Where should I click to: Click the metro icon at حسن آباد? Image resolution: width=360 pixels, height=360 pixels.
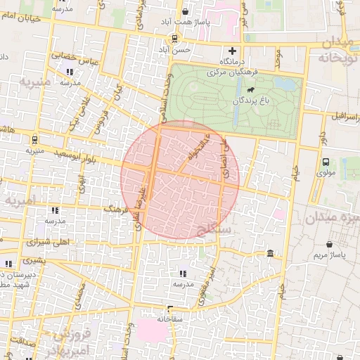pyautogui.click(x=174, y=38)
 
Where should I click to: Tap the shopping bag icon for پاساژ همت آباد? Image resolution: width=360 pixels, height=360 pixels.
pyautogui.click(x=185, y=11)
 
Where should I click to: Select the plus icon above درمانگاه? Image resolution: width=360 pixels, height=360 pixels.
pyautogui.click(x=233, y=51)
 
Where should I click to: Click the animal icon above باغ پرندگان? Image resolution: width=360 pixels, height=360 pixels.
pyautogui.click(x=249, y=90)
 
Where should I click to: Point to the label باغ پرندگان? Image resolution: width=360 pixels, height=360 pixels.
pyautogui.click(x=252, y=101)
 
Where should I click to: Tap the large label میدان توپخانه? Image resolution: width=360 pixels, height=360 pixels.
pyautogui.click(x=336, y=51)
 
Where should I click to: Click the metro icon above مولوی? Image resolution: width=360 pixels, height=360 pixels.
pyautogui.click(x=325, y=162)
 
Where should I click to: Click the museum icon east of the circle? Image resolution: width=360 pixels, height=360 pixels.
pyautogui.click(x=271, y=253)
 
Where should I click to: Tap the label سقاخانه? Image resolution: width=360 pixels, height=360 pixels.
pyautogui.click(x=171, y=318)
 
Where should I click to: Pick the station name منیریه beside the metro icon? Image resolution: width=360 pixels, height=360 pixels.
pyautogui.click(x=36, y=150)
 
